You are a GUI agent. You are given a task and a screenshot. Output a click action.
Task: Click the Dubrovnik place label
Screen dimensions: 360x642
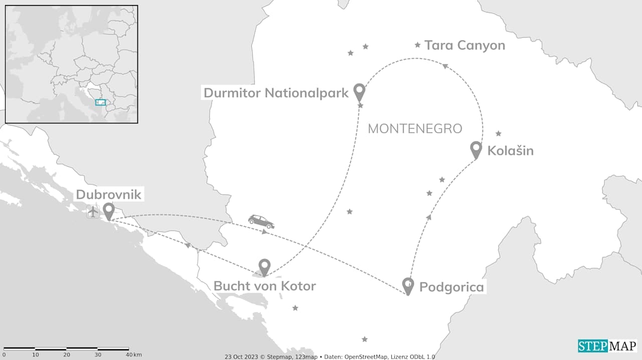tap(109, 195)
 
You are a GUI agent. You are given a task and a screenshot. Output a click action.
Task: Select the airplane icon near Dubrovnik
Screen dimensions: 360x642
tap(93, 212)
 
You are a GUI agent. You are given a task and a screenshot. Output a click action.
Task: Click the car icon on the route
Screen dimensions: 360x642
tap(261, 222)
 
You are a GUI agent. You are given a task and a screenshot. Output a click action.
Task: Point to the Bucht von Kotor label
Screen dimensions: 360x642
tap(264, 286)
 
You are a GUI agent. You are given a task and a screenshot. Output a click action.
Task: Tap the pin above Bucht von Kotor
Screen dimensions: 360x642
tap(264, 267)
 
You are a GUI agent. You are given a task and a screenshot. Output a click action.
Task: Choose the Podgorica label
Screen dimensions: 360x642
tap(451, 287)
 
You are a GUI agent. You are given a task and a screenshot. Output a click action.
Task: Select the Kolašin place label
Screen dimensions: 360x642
tap(510, 150)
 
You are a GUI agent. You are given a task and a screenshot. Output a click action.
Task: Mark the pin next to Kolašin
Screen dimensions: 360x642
tap(476, 149)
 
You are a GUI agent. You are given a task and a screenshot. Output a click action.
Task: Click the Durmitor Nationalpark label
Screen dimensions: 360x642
tap(276, 93)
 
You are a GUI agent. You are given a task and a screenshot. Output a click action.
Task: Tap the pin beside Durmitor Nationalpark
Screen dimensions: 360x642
tap(359, 92)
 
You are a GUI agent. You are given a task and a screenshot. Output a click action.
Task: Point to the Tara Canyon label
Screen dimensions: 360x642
tap(464, 46)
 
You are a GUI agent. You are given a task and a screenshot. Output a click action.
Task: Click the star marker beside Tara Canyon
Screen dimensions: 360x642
tap(417, 45)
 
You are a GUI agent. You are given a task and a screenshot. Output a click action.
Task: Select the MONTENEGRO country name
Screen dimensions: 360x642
tap(415, 128)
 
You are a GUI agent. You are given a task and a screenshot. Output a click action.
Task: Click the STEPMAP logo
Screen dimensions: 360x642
tap(607, 346)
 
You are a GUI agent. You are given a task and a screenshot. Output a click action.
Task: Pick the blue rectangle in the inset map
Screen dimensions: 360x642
tap(101, 102)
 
